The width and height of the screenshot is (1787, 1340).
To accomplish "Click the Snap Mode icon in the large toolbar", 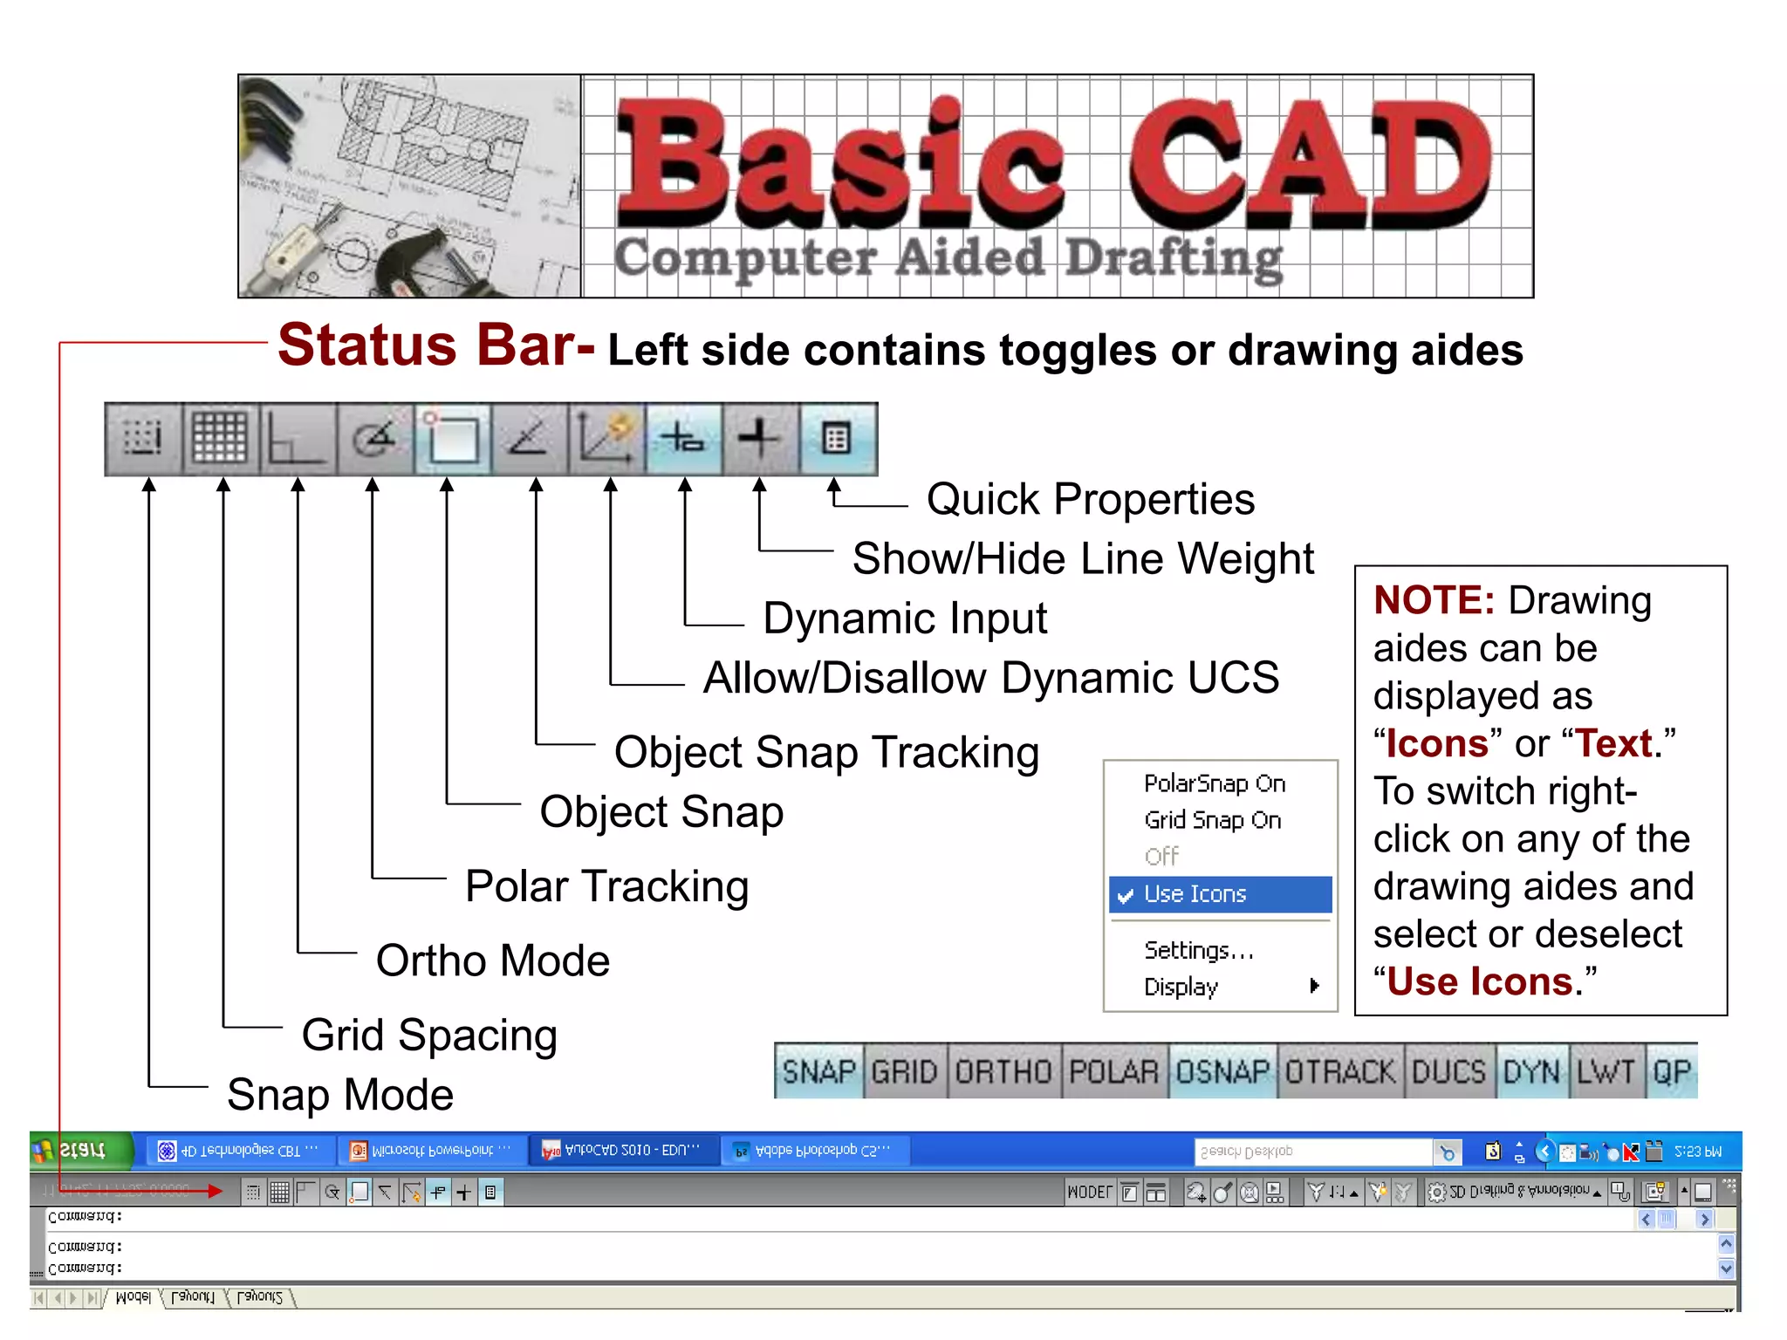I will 143,439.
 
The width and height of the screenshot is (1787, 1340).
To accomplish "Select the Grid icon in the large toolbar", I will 220,439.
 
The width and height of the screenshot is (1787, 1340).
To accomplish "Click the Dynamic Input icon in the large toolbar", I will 683,439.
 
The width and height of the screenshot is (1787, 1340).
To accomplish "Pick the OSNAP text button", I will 1222,1071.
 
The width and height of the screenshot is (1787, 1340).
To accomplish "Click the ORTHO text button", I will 1003,1071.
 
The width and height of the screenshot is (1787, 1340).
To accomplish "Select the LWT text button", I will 1606,1071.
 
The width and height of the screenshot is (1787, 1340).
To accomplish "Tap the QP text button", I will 1672,1071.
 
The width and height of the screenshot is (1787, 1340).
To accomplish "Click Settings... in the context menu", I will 1199,950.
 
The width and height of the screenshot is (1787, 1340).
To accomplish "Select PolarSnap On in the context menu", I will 1215,783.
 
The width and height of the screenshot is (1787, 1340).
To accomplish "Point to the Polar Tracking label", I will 606,886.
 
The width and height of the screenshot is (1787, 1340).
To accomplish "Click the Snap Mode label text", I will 340,1095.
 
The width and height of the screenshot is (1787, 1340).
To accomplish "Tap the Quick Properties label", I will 1091,500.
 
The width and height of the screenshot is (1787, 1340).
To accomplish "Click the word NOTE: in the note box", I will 1434,601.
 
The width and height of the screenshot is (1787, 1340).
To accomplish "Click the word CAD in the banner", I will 1309,166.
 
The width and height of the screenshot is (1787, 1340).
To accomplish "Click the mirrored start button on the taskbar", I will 80,1151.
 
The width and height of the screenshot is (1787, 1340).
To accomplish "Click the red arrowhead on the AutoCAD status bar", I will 216,1191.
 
